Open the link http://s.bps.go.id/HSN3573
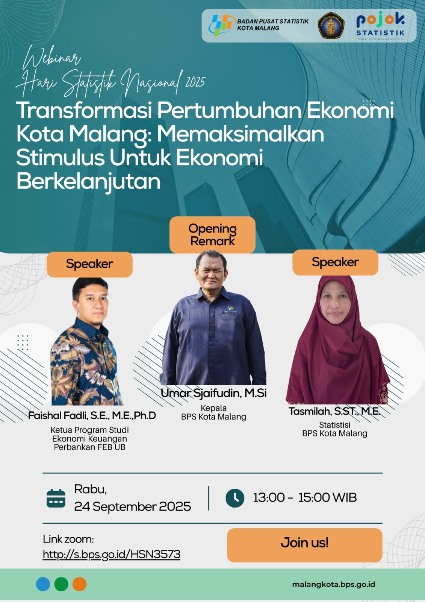point(112,554)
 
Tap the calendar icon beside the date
point(56,499)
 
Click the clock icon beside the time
point(235,498)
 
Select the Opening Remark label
point(212,235)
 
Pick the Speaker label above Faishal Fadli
point(89,264)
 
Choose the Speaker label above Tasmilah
point(335,262)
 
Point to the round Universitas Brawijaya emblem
point(331,25)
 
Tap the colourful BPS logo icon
point(221,25)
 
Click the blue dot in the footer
point(43,584)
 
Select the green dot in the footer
point(61,584)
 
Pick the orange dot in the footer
point(79,584)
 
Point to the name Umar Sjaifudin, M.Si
point(213,393)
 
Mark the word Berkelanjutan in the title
point(89,182)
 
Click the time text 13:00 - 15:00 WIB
point(305,497)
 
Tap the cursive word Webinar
point(51,58)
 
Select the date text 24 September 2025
point(133,506)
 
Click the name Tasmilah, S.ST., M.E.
point(334,411)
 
